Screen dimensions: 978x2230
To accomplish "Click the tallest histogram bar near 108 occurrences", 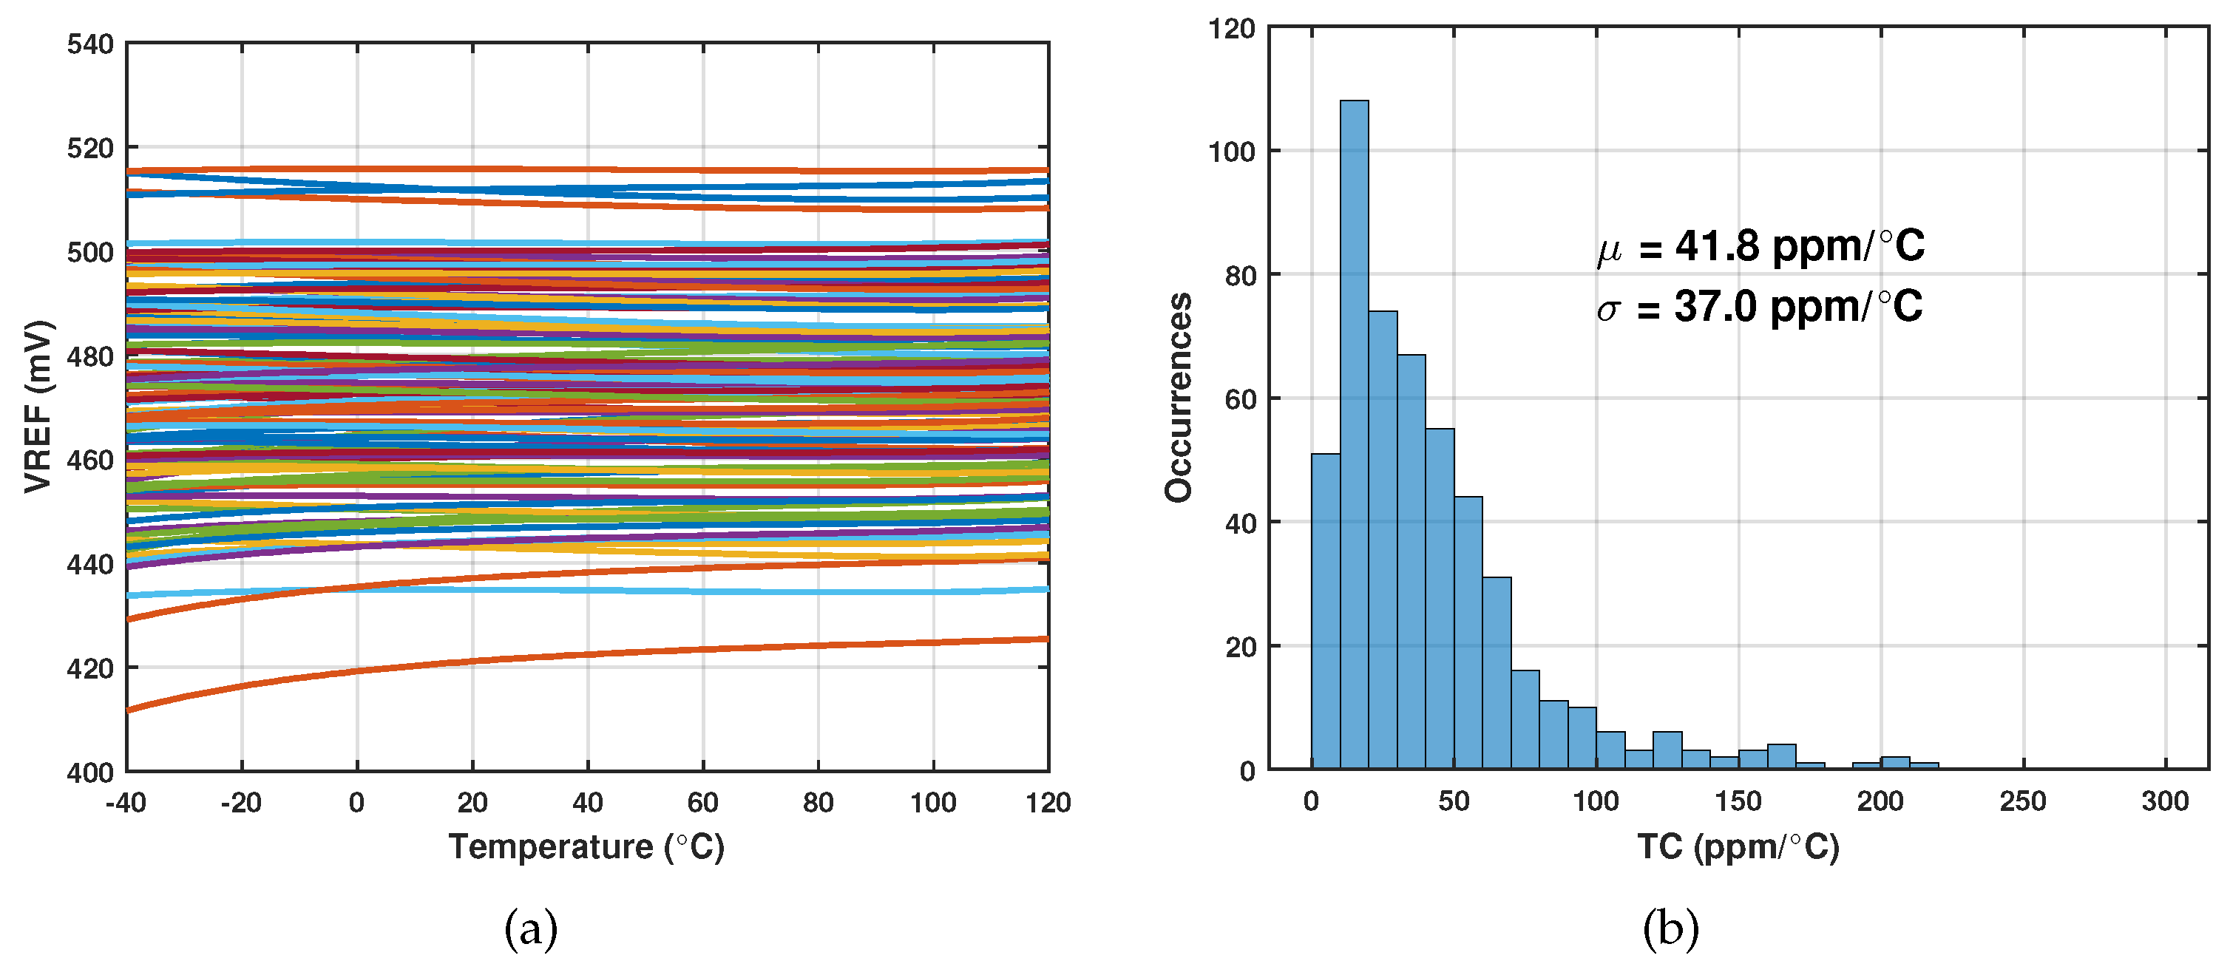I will (1354, 432).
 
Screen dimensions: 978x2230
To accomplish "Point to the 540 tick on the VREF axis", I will (90, 44).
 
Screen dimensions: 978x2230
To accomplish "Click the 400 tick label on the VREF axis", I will (90, 772).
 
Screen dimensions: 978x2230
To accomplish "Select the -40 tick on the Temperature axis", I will (126, 802).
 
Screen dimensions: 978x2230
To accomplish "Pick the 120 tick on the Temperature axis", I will (1048, 802).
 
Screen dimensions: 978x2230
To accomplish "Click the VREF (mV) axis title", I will (38, 407).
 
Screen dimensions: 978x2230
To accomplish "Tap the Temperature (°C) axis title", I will (586, 846).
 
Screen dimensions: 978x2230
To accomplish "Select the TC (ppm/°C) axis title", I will (1738, 846).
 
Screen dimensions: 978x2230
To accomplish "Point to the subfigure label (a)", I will (531, 929).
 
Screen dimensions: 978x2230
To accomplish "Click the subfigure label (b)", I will (1670, 929).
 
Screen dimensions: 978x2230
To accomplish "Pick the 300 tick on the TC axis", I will (2165, 801).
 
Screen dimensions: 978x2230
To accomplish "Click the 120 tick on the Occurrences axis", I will (1231, 29).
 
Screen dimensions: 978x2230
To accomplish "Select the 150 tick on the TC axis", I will (1738, 801).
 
